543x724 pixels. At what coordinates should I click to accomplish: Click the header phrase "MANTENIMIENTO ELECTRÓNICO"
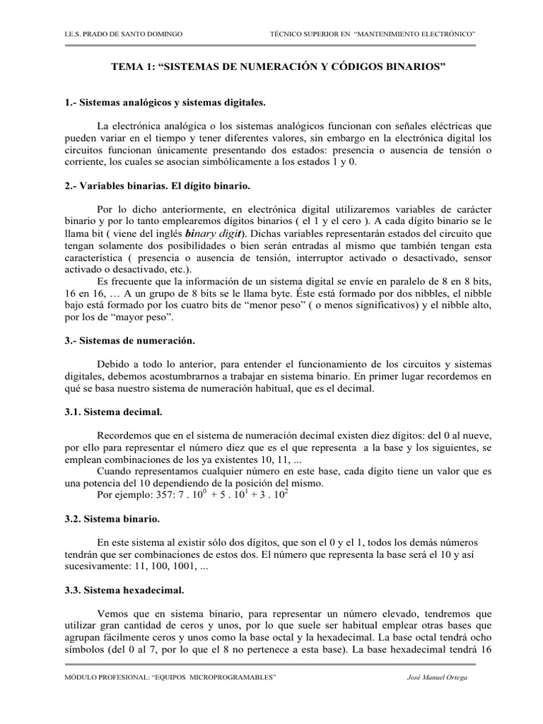tap(414, 34)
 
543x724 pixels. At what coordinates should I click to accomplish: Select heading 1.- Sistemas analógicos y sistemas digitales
tap(165, 103)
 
